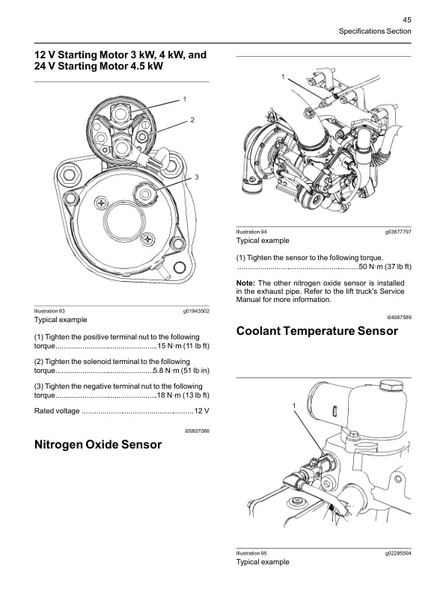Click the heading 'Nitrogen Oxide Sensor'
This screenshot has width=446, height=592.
pyautogui.click(x=98, y=445)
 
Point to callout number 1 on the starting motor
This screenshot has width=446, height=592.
pyautogui.click(x=185, y=99)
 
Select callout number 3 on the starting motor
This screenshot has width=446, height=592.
pyautogui.click(x=196, y=177)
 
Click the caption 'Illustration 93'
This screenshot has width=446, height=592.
pyautogui.click(x=50, y=310)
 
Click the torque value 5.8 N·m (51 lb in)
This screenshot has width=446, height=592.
pyautogui.click(x=180, y=371)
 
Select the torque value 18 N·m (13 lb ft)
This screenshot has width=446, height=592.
pyautogui.click(x=183, y=394)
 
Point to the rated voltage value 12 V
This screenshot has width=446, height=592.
pyautogui.click(x=201, y=412)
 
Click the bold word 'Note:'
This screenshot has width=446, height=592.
pyautogui.click(x=245, y=283)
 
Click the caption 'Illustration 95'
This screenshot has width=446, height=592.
pyautogui.click(x=252, y=553)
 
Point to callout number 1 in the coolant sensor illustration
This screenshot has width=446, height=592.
pyautogui.click(x=294, y=405)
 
